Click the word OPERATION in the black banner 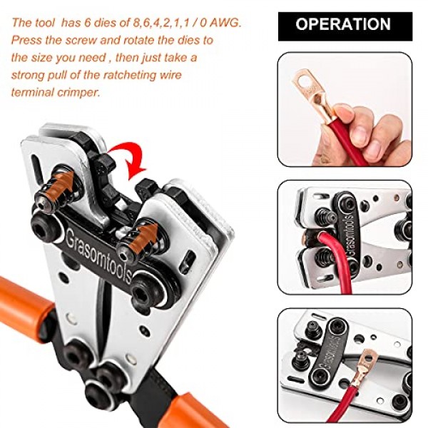pos(343,24)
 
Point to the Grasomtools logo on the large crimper pos(99,256)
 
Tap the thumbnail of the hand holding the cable pos(345,109)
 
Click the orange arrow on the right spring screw pos(143,237)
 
